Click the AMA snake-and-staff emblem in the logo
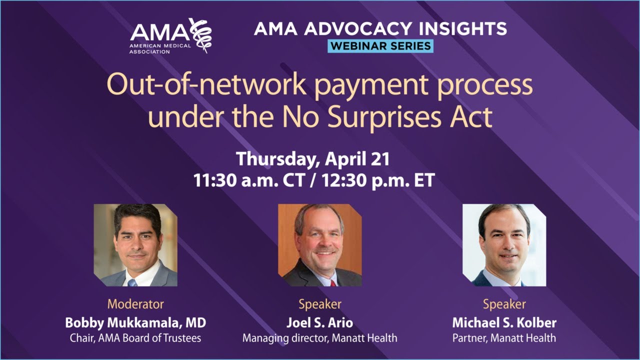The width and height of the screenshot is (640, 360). [x=201, y=35]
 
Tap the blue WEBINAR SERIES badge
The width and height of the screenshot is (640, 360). [x=380, y=46]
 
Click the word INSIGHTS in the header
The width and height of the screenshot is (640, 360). [x=459, y=28]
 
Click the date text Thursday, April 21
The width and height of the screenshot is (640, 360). [x=313, y=159]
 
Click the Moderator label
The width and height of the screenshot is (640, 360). [x=135, y=303]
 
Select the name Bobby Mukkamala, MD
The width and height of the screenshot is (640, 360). [x=135, y=322]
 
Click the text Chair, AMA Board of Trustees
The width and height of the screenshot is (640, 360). [x=135, y=338]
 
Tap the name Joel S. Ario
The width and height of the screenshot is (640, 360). [x=320, y=322]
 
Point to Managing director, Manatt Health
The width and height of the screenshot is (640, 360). [x=320, y=338]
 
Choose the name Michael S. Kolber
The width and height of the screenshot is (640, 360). [x=504, y=322]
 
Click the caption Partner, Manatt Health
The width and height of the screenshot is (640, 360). [x=504, y=338]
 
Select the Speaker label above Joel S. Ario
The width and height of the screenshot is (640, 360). [x=320, y=303]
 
